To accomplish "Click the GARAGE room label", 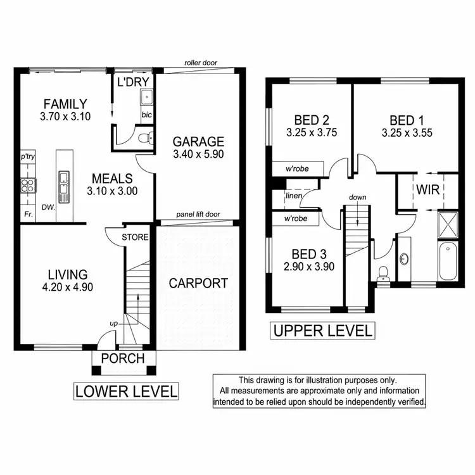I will pos(199,141).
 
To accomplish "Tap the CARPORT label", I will pos(198,283).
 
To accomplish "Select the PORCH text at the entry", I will pos(123,358).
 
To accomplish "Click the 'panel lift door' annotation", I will pos(198,215).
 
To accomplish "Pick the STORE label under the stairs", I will pos(136,237).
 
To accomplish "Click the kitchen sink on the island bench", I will pos(65,185).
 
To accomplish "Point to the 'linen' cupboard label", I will pos(293,196).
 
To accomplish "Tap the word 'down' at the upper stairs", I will pos(357,198).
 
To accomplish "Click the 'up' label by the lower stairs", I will pos(114,324).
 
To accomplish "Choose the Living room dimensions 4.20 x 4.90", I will pos(68,287).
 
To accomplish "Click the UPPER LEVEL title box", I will pos(322,330).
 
